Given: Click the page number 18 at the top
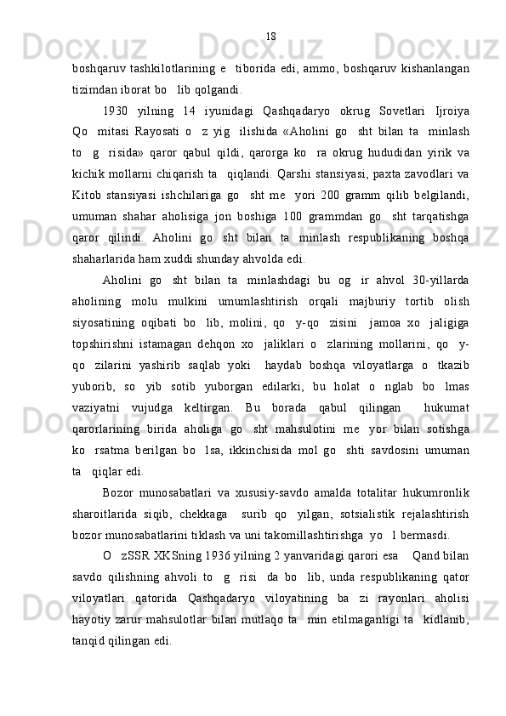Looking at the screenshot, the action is tap(271, 36).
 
